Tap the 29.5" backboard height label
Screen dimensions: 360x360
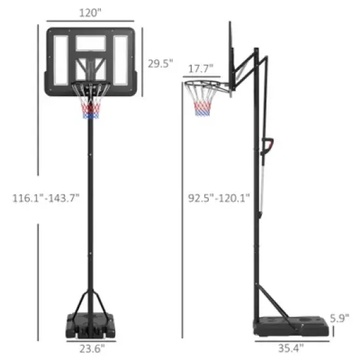coord(160,63)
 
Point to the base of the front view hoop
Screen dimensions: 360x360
coord(90,323)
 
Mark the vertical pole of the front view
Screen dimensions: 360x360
coord(90,209)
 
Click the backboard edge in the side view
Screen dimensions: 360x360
coord(230,52)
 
